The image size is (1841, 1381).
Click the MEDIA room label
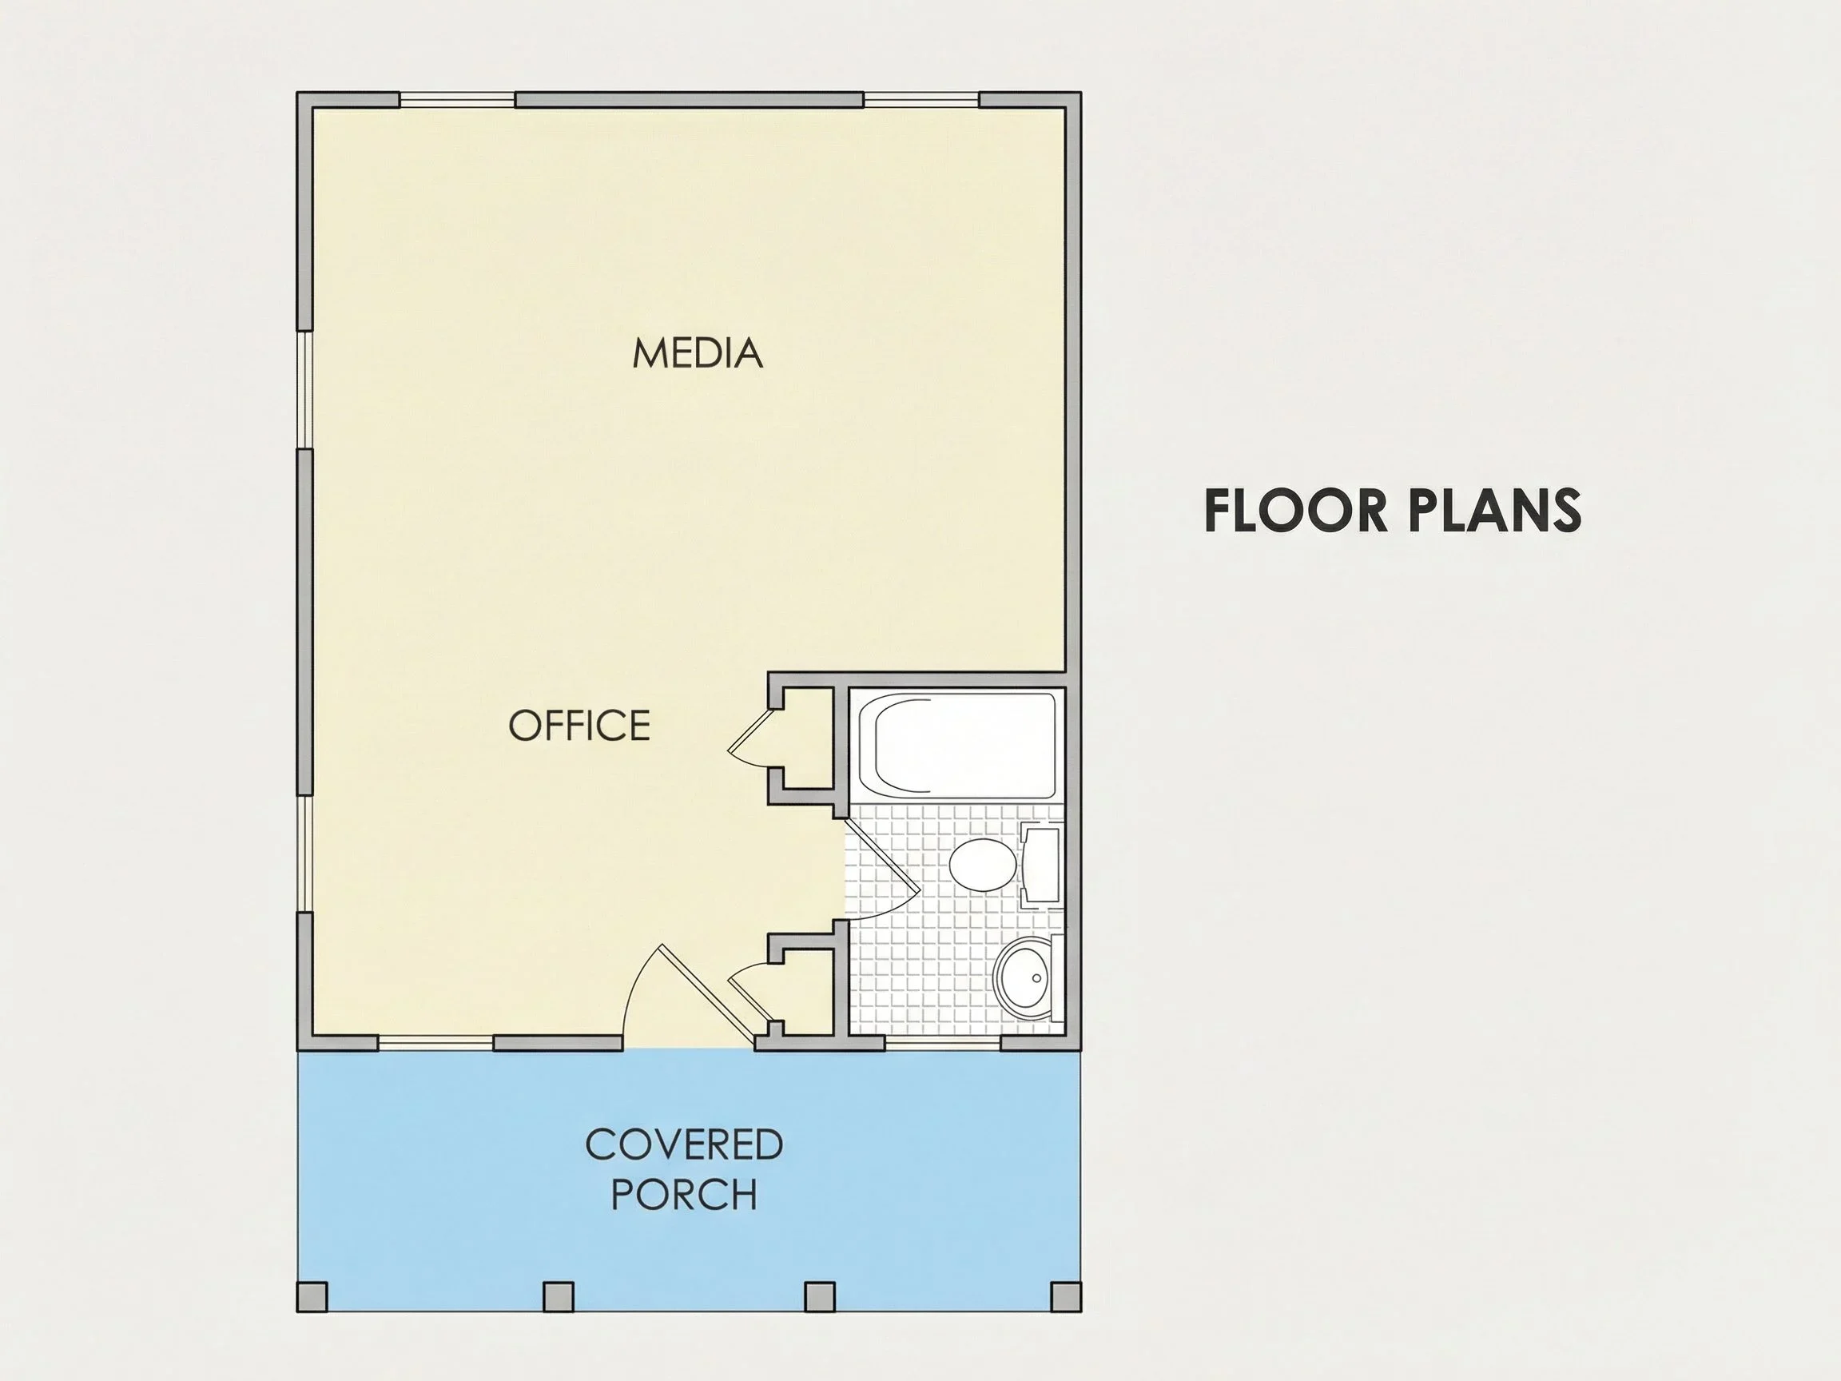(x=698, y=353)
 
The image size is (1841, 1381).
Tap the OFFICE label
(x=579, y=725)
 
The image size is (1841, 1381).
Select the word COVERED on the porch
(x=684, y=1144)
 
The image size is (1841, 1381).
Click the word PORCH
(x=684, y=1195)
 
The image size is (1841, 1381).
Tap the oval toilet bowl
(x=982, y=865)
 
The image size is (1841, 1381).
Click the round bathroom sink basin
(x=1024, y=978)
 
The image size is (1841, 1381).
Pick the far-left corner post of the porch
(x=312, y=1296)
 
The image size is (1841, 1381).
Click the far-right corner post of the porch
(x=1066, y=1296)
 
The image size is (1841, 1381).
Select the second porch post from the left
(x=559, y=1296)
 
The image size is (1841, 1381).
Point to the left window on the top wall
(x=457, y=100)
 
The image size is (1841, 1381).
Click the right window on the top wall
(x=921, y=100)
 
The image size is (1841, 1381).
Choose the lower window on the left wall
(x=304, y=854)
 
